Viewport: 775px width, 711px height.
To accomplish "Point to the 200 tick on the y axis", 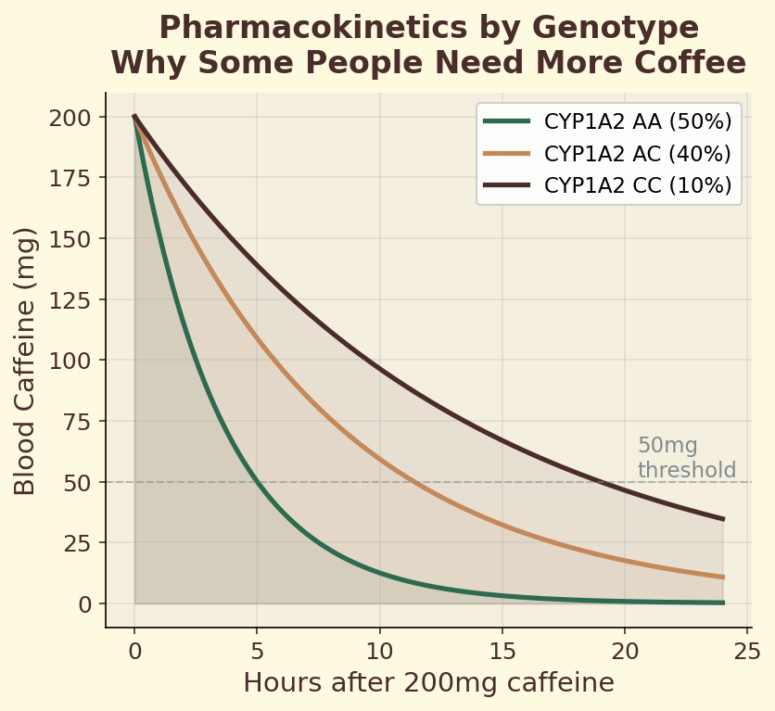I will pos(78,118).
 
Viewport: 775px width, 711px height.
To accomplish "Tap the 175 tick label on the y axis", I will pos(78,178).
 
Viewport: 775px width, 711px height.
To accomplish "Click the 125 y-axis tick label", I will pos(78,299).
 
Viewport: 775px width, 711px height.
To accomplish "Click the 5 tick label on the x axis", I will pos(258,650).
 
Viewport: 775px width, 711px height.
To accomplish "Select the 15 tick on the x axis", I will pos(502,650).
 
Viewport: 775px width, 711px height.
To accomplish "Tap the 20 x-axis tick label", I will pos(625,650).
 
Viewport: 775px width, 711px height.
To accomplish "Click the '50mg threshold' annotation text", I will pos(686,458).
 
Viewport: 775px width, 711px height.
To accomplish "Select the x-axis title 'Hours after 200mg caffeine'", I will pos(428,683).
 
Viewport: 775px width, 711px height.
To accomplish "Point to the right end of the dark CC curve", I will pos(723,519).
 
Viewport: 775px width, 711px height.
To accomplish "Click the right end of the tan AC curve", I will pos(723,578).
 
